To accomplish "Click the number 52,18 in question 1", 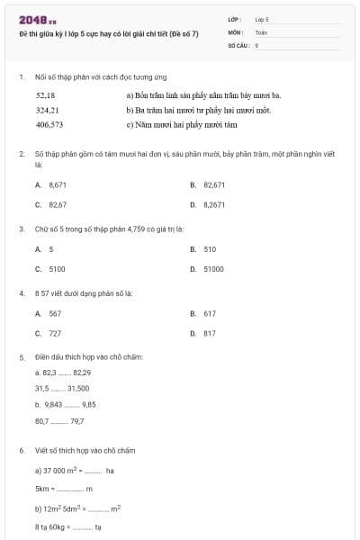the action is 46,94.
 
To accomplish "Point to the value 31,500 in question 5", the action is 78,388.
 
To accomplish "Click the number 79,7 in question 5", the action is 76,420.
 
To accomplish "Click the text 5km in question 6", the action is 43,489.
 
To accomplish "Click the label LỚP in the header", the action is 235,18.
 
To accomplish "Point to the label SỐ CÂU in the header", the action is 238,43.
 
